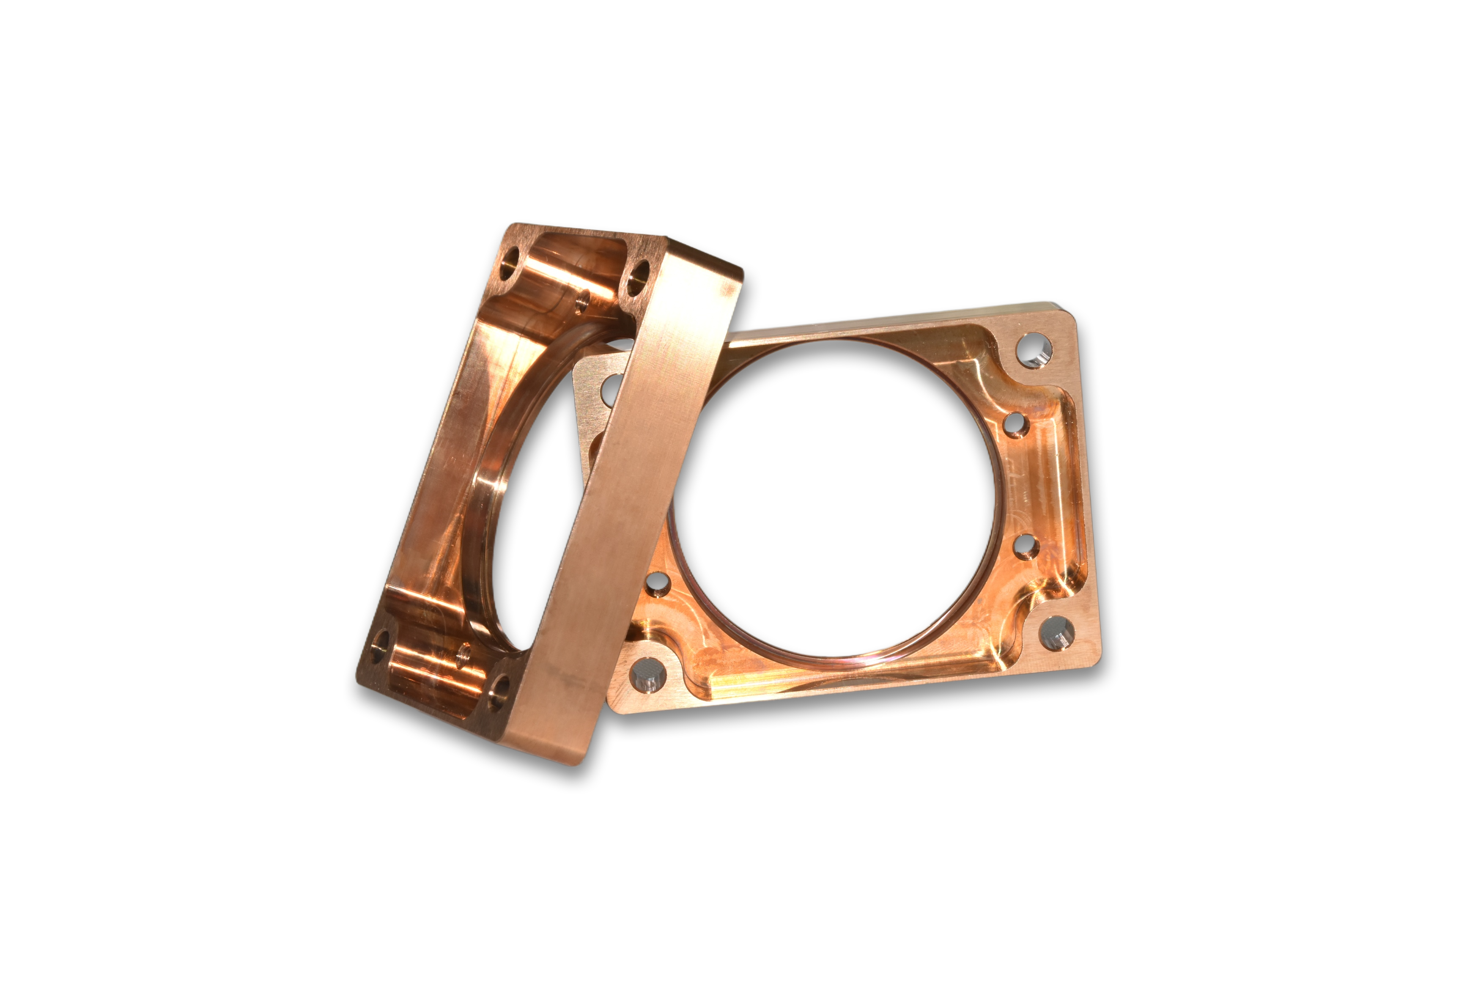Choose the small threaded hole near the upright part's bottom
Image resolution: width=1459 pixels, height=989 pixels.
(465, 654)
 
